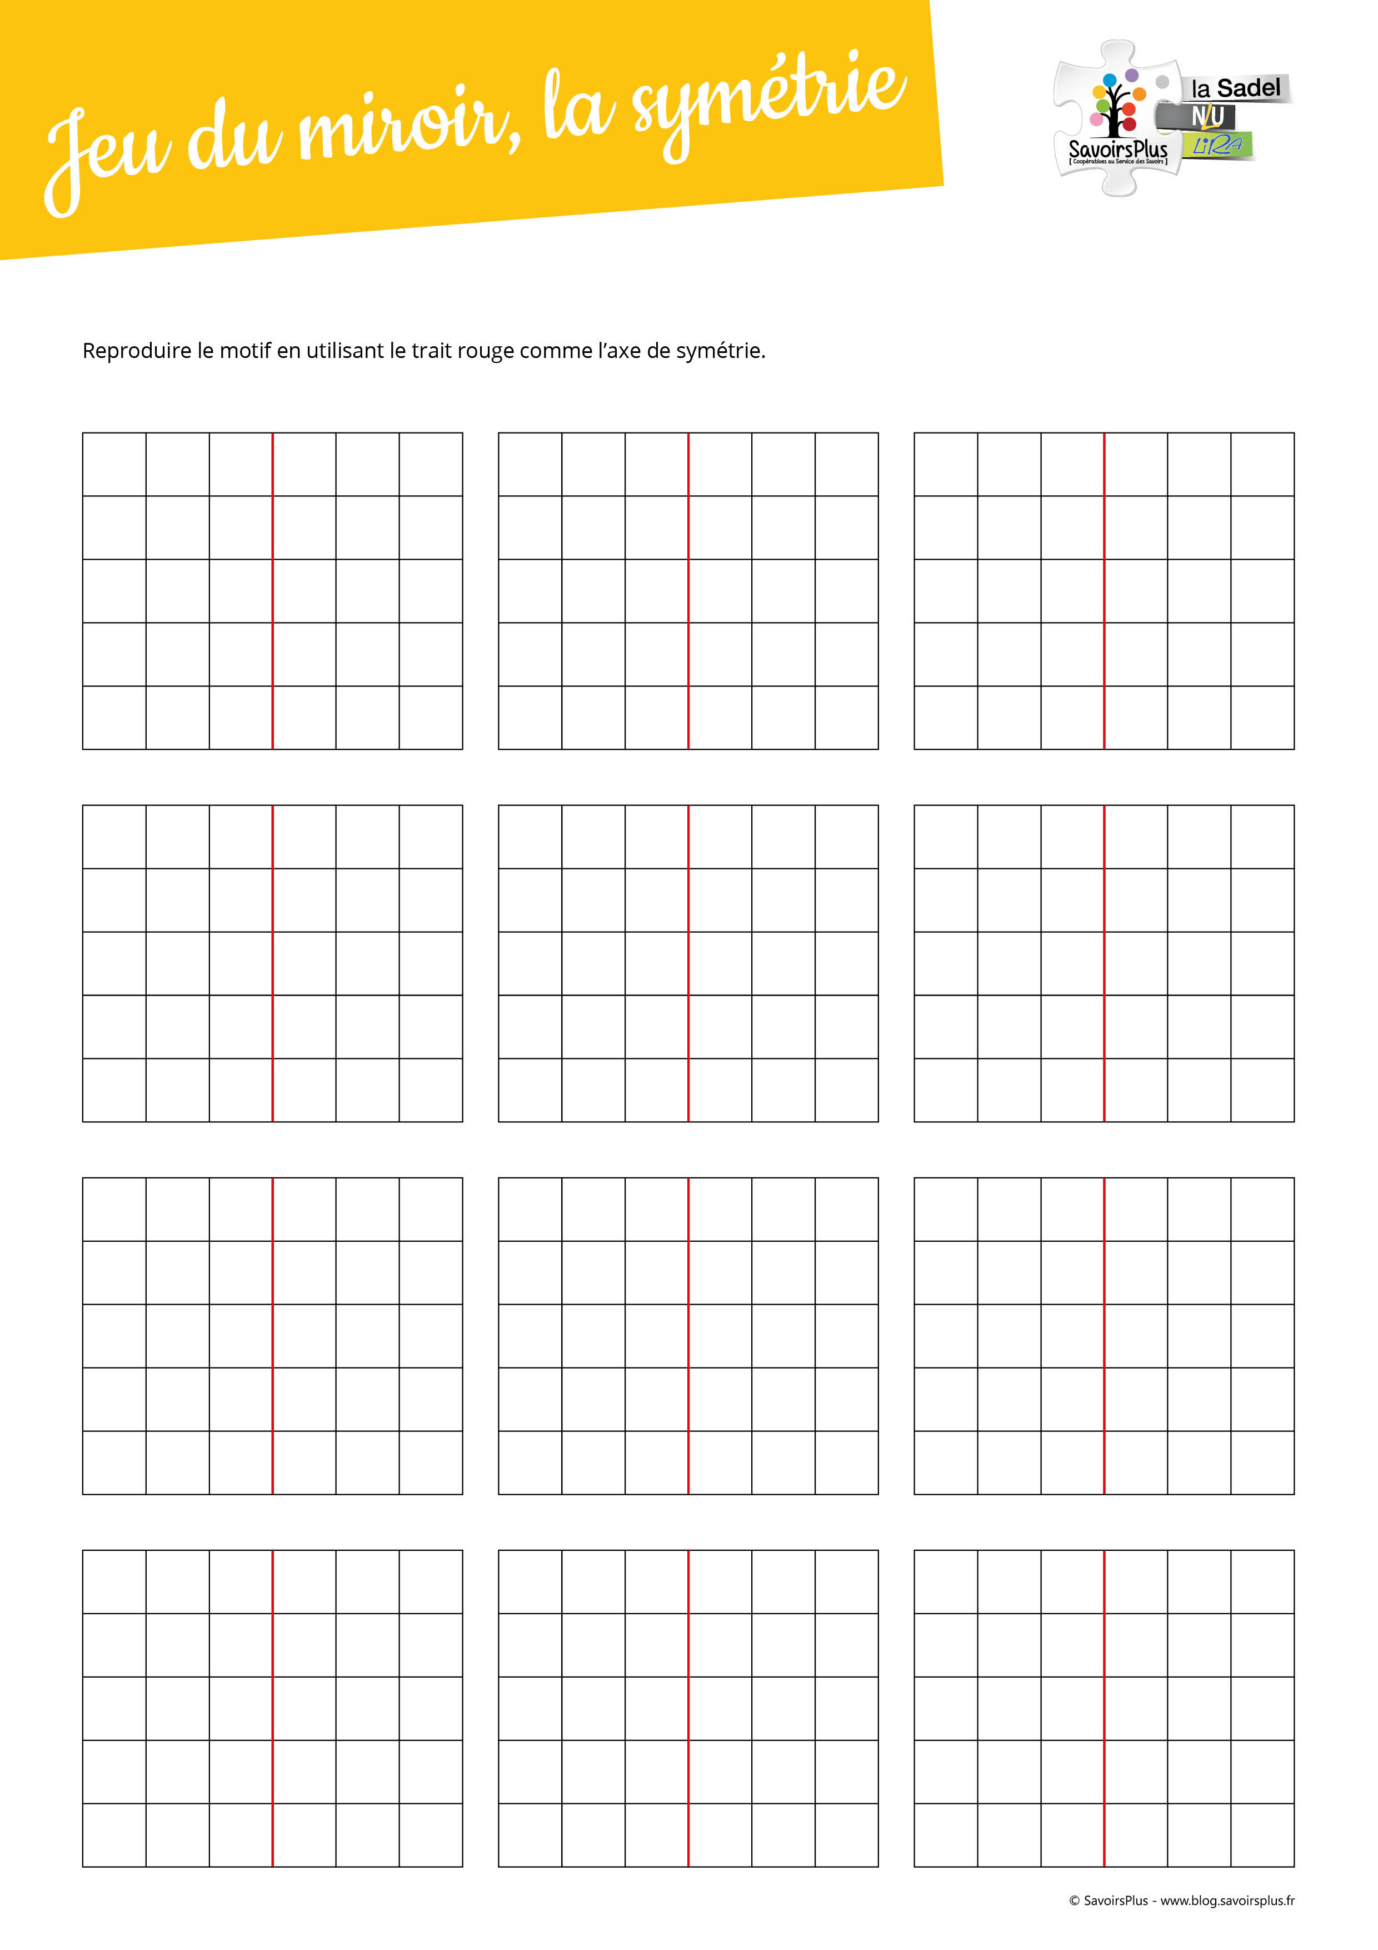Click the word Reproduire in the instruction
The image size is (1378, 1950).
tap(136, 351)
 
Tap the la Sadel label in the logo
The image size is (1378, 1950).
tap(1235, 88)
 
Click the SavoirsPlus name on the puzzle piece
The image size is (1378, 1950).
tap(1117, 150)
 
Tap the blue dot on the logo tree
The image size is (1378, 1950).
tap(1109, 81)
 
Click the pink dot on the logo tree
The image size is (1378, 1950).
tap(1096, 120)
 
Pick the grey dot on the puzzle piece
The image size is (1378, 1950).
tap(1162, 82)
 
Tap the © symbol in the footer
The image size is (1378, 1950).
tap(1074, 1901)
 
